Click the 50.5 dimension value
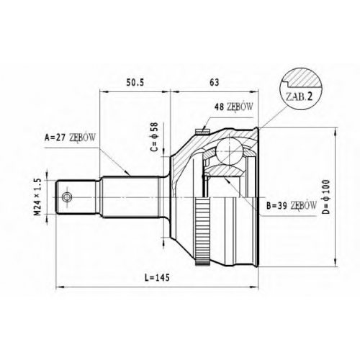pos(135,82)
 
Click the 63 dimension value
pos(215,82)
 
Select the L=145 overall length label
pos(157,277)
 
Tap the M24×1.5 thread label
pos(38,197)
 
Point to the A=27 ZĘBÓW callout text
pos(70,138)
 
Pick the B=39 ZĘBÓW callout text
pos(292,206)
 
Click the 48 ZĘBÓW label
pos(233,107)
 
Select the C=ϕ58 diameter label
pos(154,137)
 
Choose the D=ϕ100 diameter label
pos(327,197)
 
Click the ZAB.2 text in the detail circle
pos(299,96)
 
